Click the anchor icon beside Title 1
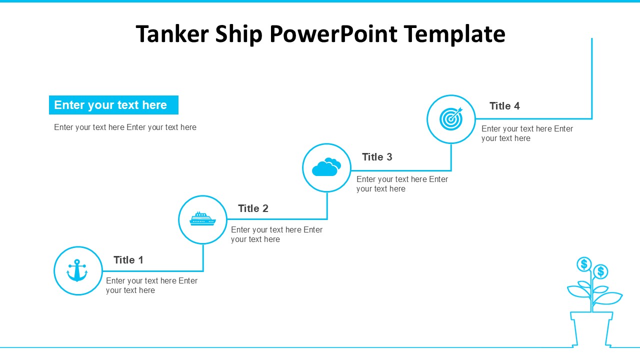(77, 270)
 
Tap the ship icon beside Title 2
(202, 219)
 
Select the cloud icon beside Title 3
(326, 167)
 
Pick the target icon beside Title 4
(451, 119)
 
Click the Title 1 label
(128, 260)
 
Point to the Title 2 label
(253, 208)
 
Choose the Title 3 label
(377, 157)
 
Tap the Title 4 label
(504, 106)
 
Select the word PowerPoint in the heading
(333, 34)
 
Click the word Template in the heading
(454, 34)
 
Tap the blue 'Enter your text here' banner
(113, 105)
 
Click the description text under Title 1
(151, 285)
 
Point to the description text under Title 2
(276, 234)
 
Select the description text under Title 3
(402, 184)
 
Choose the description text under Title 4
(527, 133)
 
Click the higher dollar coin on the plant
(584, 264)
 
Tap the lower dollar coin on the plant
(601, 271)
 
